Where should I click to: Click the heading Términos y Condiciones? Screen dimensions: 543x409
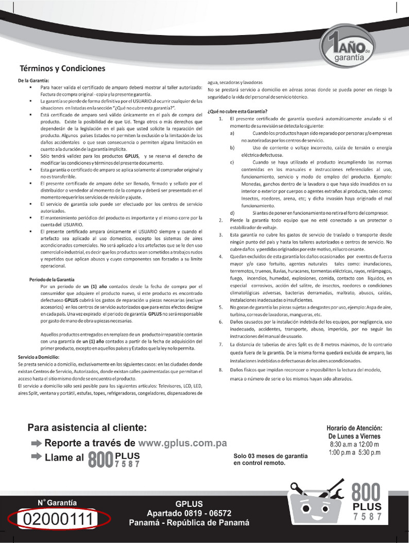pyautogui.click(x=62, y=68)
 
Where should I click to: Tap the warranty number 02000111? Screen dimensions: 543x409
pyautogui.click(x=57, y=519)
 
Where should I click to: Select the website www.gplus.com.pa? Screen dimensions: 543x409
pyautogui.click(x=182, y=443)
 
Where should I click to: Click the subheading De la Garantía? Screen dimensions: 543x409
pyautogui.click(x=33, y=80)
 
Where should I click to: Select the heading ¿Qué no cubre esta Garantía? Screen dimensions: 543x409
pyautogui.click(x=237, y=111)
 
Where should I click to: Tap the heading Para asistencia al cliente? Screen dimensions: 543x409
pyautogui.click(x=87, y=428)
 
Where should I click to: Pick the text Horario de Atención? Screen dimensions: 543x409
pyautogui.click(x=354, y=428)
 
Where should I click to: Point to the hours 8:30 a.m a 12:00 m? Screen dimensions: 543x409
pyautogui.click(x=354, y=445)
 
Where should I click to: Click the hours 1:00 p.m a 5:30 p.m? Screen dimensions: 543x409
pyautogui.click(x=354, y=453)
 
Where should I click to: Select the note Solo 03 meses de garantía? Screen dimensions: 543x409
pyautogui.click(x=270, y=456)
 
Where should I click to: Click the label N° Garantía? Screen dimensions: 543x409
pyautogui.click(x=57, y=502)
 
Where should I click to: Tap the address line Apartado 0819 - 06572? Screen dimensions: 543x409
pyautogui.click(x=189, y=513)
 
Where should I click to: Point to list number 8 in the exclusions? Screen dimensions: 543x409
pyautogui.click(x=220, y=370)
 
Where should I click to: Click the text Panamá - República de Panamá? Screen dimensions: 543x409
pyautogui.click(x=189, y=522)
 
